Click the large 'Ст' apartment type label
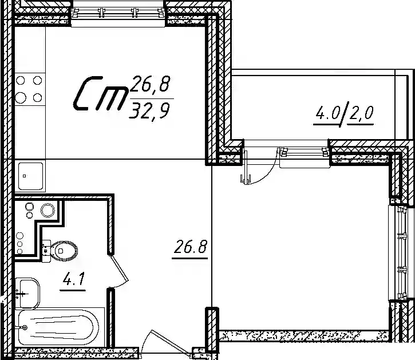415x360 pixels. point(100,93)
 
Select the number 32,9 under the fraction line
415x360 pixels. point(149,110)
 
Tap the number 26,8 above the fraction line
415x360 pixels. point(150,84)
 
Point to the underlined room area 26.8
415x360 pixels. point(190,247)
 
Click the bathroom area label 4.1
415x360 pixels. point(73,279)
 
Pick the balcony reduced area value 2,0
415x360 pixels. point(361,113)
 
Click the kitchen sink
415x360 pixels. point(30,176)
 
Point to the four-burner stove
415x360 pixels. point(30,89)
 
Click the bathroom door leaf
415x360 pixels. point(119,267)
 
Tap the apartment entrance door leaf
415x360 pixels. point(171,343)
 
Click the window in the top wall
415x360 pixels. point(118,13)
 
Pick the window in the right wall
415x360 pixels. point(402,253)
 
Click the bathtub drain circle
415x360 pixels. point(25,328)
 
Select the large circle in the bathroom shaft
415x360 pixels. point(48,210)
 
